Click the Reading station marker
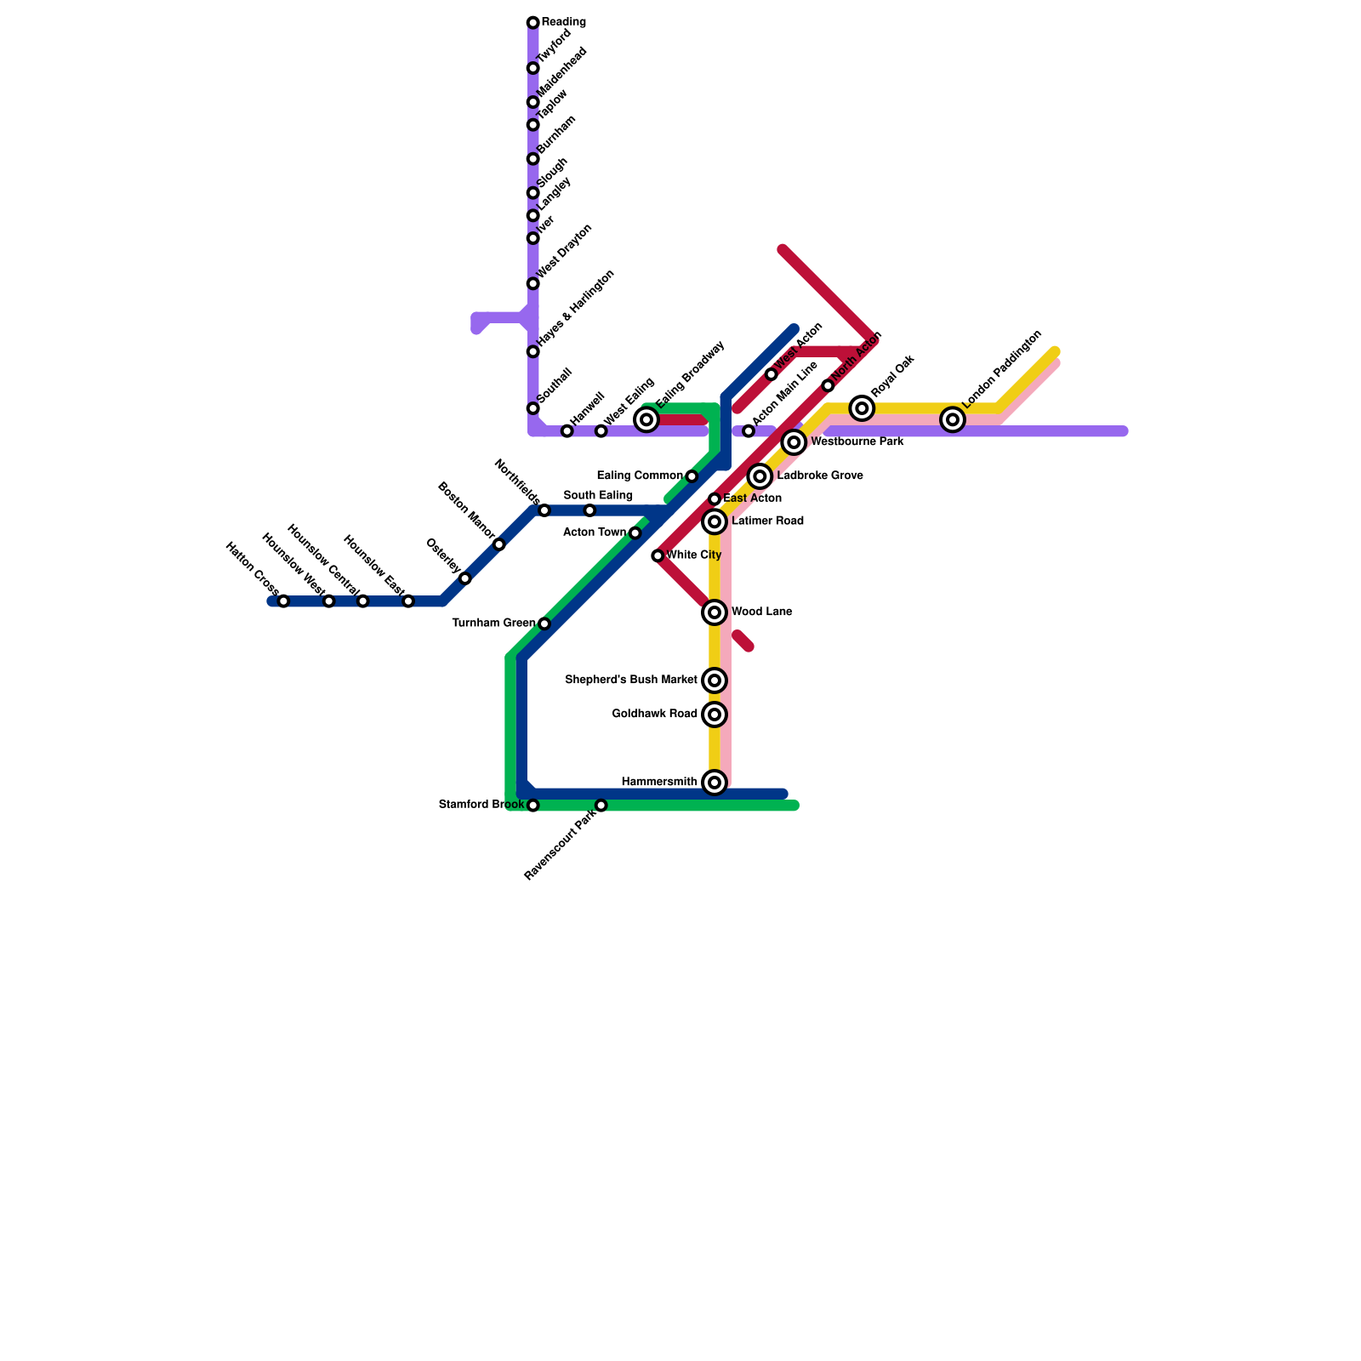point(532,22)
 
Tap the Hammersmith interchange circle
point(715,783)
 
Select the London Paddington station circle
point(953,419)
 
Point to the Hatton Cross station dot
point(283,601)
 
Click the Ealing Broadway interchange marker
point(646,419)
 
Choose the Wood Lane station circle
point(715,612)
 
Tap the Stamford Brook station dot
point(532,806)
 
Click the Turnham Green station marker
point(544,624)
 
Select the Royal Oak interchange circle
point(862,408)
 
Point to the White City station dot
point(658,556)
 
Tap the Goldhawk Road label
point(654,715)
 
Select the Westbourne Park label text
point(857,442)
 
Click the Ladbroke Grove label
point(820,476)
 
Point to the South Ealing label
point(598,496)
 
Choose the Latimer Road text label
point(767,521)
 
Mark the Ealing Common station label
point(640,476)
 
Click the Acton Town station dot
point(635,533)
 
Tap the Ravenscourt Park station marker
point(601,806)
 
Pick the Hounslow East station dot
point(408,601)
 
